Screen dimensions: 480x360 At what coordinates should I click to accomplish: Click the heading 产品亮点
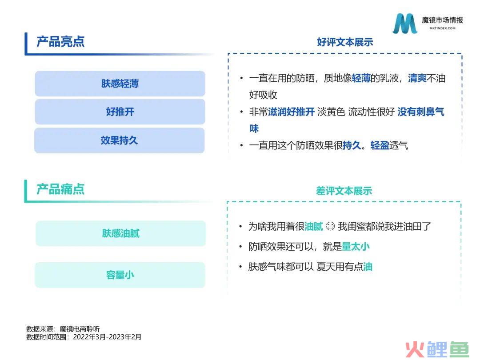[60, 42]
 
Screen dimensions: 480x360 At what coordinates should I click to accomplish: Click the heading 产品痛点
[60, 189]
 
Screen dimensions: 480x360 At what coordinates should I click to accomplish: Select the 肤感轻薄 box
[120, 84]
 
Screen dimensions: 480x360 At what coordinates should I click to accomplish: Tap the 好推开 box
[120, 112]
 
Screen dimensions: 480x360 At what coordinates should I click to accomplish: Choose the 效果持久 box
[120, 140]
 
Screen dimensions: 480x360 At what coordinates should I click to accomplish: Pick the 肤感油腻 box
[120, 233]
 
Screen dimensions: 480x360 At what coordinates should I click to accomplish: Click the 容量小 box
[120, 275]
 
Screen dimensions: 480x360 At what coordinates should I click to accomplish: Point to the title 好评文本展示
[345, 42]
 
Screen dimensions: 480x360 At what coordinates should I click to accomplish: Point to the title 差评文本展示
[344, 191]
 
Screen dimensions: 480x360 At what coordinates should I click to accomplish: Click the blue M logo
[405, 23]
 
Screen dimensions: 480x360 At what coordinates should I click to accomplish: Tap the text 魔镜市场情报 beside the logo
[442, 20]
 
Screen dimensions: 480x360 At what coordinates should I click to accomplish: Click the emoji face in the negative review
[330, 226]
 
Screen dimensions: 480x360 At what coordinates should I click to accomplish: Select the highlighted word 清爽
[417, 78]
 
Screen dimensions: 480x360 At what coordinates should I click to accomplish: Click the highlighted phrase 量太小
[356, 246]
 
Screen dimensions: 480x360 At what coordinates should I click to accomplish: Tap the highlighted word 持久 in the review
[352, 145]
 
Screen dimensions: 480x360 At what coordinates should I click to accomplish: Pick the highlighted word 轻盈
[380, 145]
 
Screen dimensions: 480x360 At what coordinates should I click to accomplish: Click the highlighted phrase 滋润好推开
[292, 112]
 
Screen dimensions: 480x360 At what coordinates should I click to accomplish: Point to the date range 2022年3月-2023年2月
[108, 337]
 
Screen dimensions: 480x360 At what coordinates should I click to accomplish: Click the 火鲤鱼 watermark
[437, 349]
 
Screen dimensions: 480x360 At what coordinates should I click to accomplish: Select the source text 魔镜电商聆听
[80, 329]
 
